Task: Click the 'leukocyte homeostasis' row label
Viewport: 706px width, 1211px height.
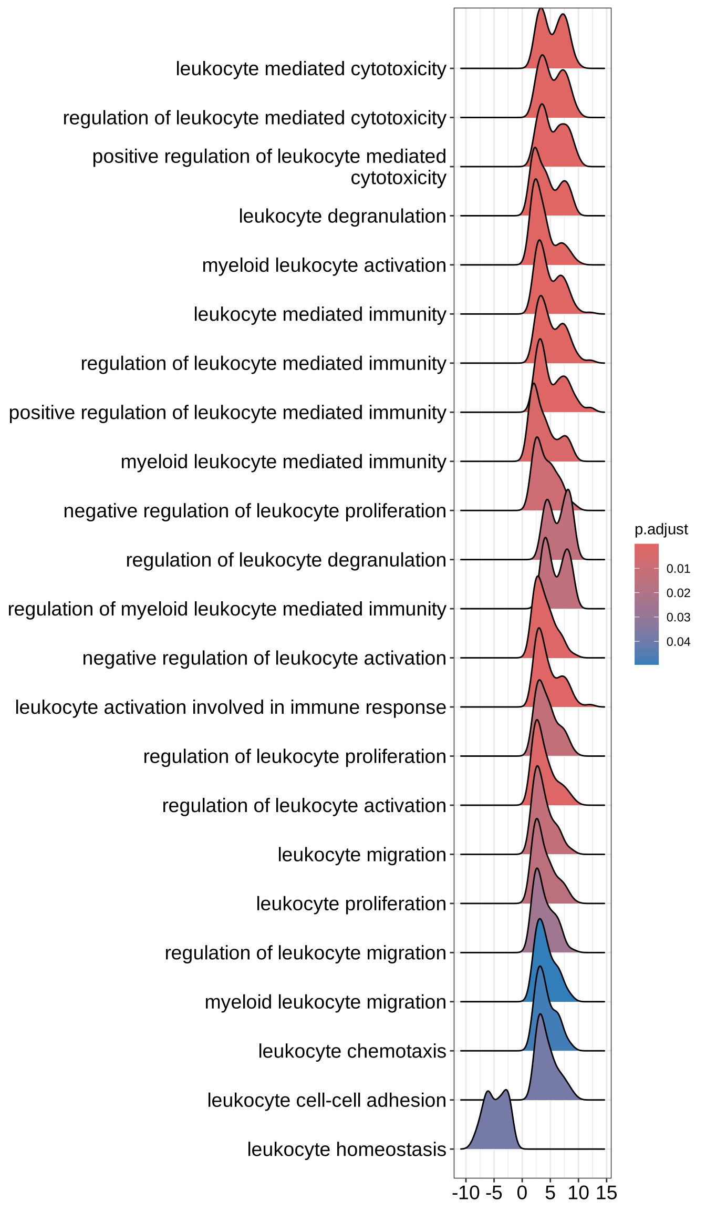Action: pos(347,1150)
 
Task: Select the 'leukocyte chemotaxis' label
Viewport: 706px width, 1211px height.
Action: pos(352,1051)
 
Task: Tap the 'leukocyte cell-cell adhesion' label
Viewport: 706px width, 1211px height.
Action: pos(326,1100)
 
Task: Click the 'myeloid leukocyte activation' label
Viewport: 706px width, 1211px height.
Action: pos(324,265)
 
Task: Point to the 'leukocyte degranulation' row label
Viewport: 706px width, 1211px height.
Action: pos(342,216)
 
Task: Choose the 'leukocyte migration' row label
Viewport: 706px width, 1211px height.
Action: pos(362,855)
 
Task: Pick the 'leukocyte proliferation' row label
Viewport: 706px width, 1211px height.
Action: pos(351,904)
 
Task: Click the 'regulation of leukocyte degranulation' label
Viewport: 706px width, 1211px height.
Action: pos(286,560)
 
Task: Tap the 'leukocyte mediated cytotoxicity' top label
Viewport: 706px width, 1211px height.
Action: pos(311,69)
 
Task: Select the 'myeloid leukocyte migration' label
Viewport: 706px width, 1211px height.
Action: pos(325,1002)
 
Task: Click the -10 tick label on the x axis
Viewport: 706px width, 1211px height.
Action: pos(466,1193)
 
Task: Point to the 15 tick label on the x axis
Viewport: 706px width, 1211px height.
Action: pos(606,1193)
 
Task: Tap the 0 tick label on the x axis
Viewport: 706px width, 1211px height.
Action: pos(522,1193)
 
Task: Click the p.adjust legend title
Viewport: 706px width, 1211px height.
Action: pos(661,529)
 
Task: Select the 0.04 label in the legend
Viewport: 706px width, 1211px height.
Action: pos(678,642)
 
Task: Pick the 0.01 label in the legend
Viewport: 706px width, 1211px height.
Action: pos(678,569)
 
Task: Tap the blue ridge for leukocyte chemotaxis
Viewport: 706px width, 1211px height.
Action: pos(546,1030)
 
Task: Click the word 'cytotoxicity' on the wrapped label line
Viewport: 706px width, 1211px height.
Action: pos(398,178)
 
